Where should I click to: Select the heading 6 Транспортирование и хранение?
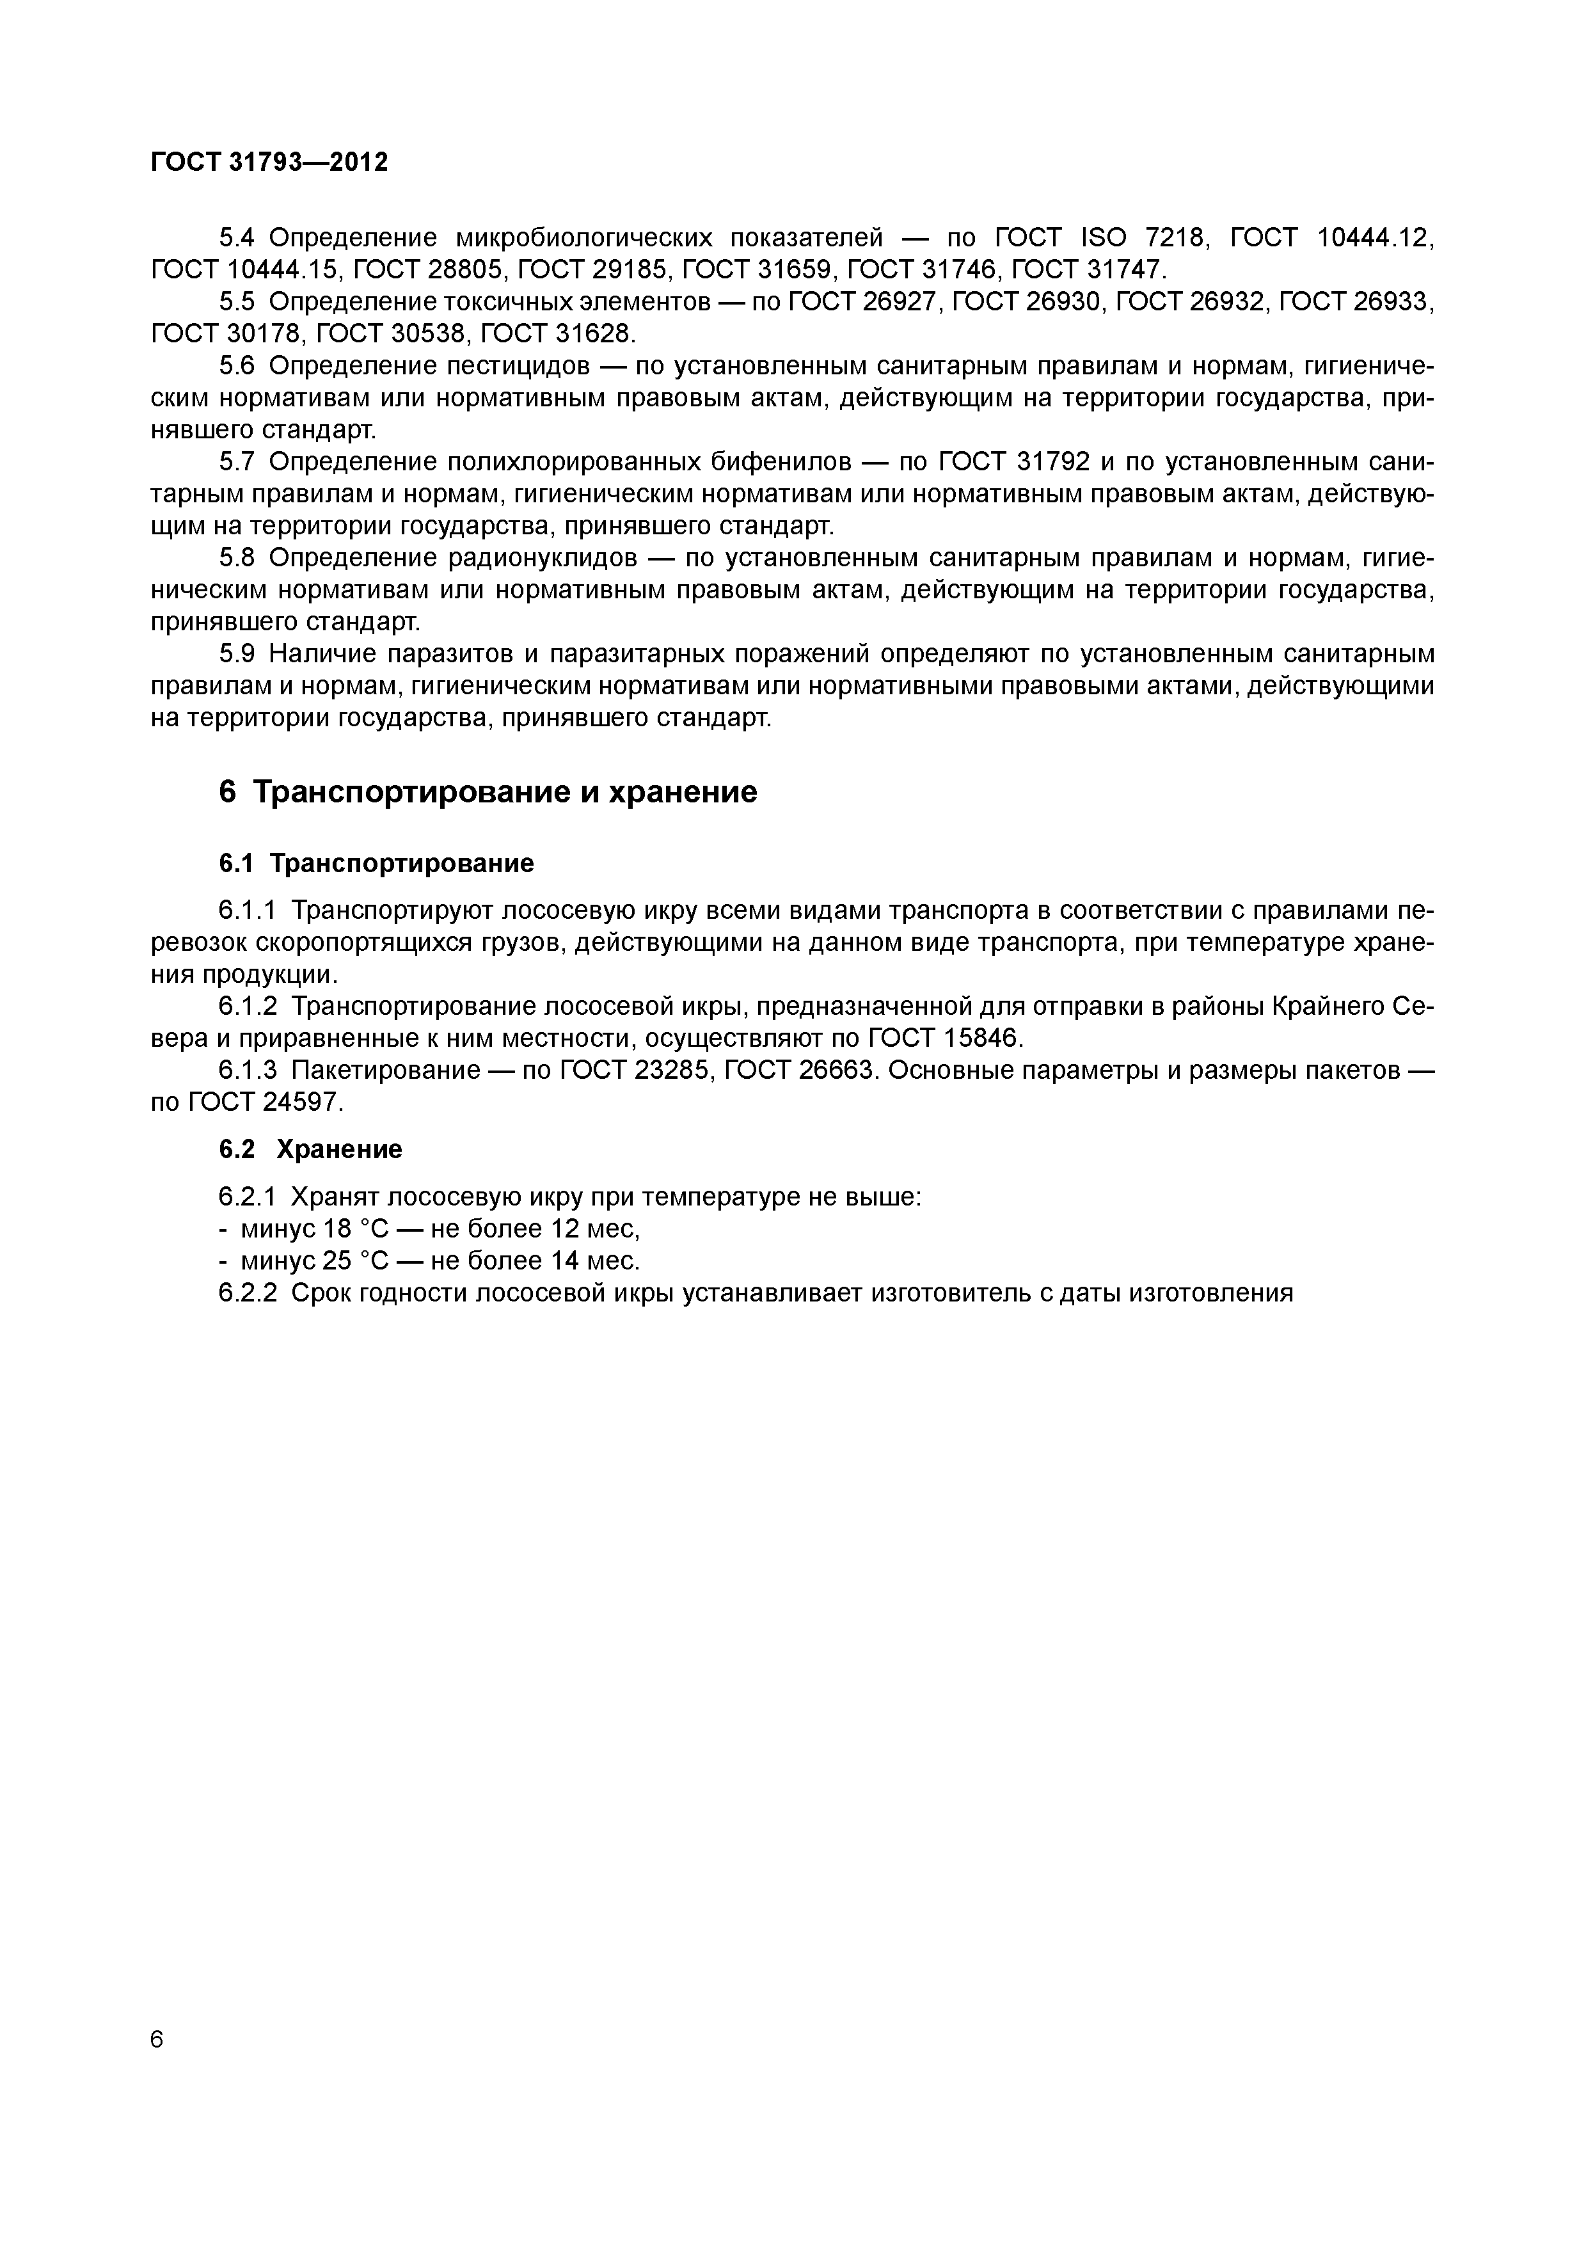pyautogui.click(x=488, y=791)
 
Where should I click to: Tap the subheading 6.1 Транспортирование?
pyautogui.click(x=376, y=863)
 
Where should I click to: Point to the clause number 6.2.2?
pyautogui.click(x=248, y=1293)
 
